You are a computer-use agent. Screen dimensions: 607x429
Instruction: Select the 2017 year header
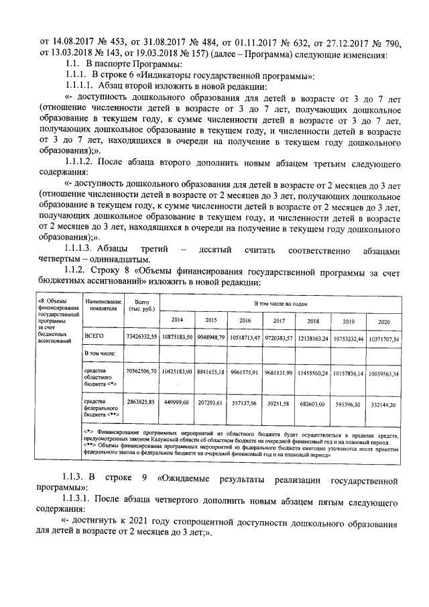click(x=279, y=320)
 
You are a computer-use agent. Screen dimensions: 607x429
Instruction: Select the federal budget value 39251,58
click(x=279, y=404)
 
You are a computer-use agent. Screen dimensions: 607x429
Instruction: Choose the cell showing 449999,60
click(x=177, y=404)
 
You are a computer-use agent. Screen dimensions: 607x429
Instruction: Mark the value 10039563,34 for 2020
click(x=383, y=373)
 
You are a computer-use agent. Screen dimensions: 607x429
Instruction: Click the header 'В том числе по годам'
click(x=280, y=304)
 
